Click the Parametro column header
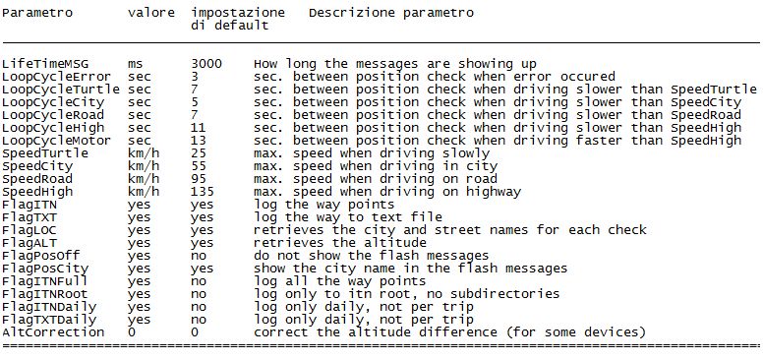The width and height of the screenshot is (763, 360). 37,13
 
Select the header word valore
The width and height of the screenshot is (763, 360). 151,13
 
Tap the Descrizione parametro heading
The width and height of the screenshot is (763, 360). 391,13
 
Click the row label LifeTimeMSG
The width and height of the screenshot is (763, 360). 45,64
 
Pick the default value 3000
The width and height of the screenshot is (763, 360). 206,64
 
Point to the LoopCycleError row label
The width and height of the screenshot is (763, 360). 56,77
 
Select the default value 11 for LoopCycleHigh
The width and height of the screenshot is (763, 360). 198,128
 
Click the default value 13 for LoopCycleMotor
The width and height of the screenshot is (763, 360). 198,141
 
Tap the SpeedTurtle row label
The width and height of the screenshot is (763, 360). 45,153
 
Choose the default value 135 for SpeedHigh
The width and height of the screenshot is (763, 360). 203,192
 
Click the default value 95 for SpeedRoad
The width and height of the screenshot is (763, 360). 199,179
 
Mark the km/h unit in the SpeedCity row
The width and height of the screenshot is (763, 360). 144,166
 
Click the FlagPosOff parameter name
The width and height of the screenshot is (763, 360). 41,256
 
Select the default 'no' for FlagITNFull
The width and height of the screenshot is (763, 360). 199,281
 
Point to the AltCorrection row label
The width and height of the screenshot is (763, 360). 53,332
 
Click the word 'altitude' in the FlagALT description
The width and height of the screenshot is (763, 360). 394,243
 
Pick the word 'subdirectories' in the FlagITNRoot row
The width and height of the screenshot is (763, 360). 504,294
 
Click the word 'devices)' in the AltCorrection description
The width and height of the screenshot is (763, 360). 615,332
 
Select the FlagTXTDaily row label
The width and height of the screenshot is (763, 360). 49,320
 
